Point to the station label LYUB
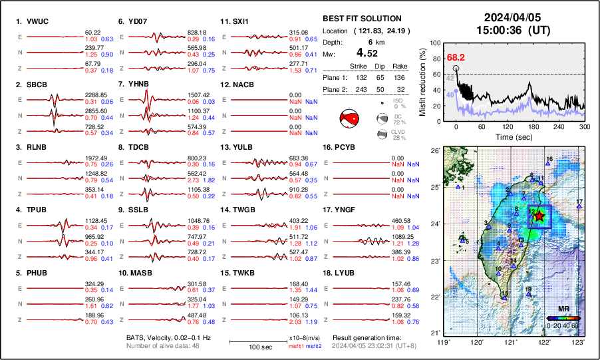[346, 273]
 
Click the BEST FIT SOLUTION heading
[361, 19]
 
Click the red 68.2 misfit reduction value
[456, 57]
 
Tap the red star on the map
[539, 216]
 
